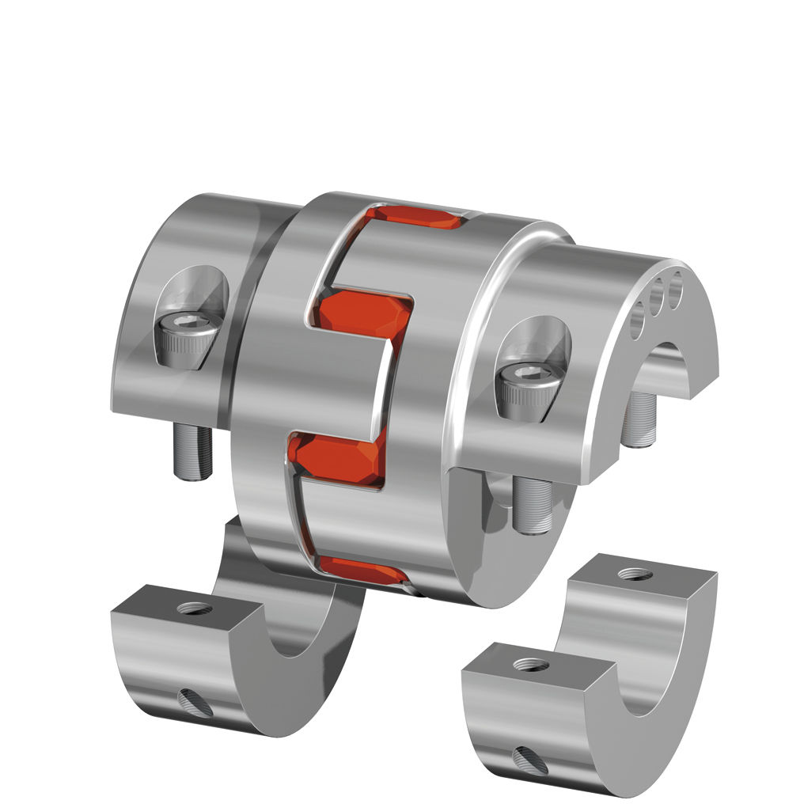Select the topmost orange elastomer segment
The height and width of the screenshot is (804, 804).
pos(417,215)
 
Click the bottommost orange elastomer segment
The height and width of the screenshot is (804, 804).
pos(360,569)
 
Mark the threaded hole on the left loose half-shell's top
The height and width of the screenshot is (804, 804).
pos(195,609)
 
